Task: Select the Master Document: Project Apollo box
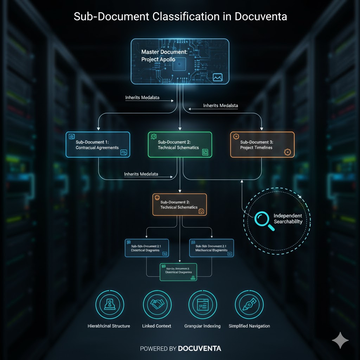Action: (180, 62)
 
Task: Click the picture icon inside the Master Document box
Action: (218, 77)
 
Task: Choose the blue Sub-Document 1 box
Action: (98, 144)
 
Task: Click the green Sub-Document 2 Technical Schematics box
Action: (180, 144)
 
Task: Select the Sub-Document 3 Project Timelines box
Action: (262, 144)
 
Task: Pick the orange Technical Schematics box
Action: (179, 205)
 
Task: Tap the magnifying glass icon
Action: (263, 220)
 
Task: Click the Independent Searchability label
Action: (288, 218)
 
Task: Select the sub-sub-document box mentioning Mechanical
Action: (211, 248)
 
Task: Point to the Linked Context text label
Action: (156, 326)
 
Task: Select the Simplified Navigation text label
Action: (249, 326)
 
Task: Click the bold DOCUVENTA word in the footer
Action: (199, 348)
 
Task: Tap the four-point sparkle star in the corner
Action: (340, 340)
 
